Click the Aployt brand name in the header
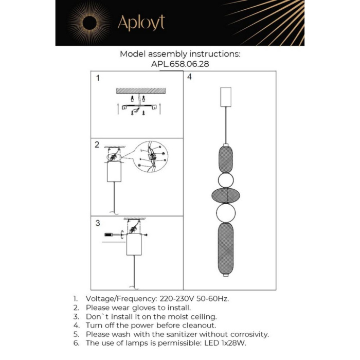pos(141,22)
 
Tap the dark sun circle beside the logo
pos(88,23)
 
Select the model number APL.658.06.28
pos(179,64)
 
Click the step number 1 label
pos(98,79)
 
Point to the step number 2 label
pos(97,145)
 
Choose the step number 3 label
pos(97,223)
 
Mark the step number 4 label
pos(189,77)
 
